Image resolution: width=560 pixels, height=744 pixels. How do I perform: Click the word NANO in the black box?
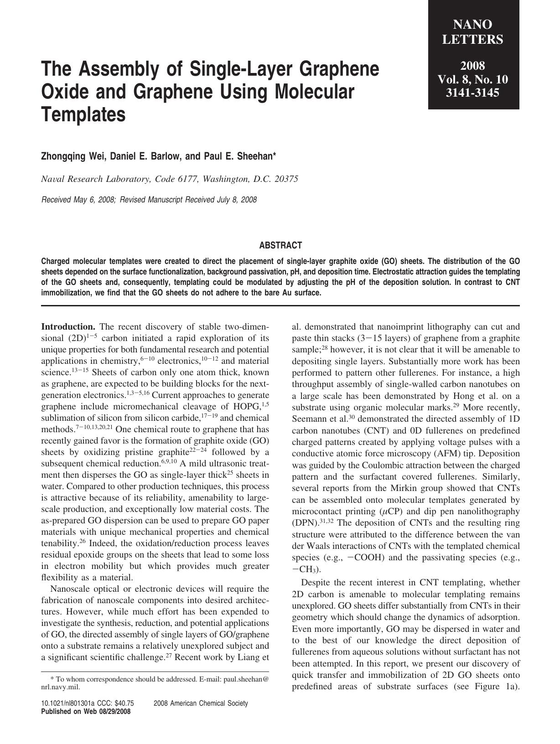[473, 25]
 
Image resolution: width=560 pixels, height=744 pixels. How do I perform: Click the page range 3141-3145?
[473, 93]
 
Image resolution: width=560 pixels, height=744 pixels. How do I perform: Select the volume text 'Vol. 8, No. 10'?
[473, 79]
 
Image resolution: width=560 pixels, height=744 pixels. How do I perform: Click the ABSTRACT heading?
[280, 245]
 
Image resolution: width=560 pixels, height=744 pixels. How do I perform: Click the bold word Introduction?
[68, 327]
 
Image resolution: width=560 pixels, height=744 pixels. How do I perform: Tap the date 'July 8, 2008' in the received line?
[237, 200]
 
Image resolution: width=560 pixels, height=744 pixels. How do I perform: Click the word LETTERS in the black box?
[473, 40]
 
